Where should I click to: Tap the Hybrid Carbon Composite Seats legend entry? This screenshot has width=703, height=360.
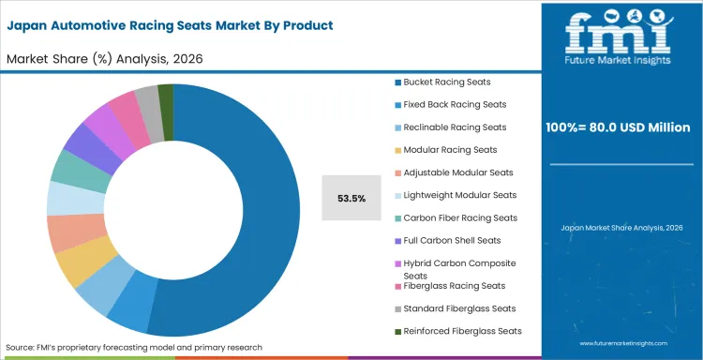click(x=459, y=269)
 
